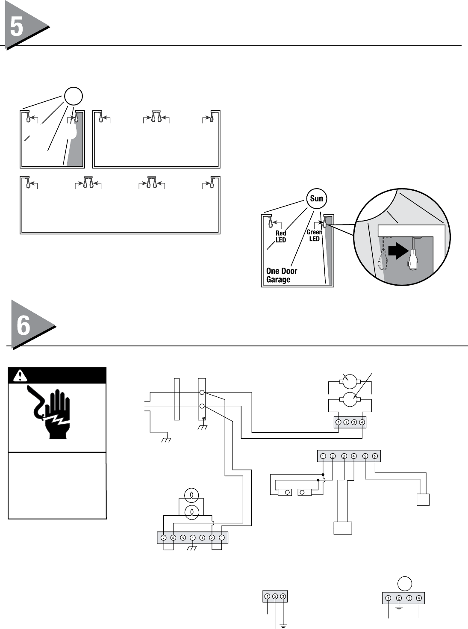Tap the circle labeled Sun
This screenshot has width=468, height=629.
pyautogui.click(x=316, y=198)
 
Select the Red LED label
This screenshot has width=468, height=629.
pyautogui.click(x=281, y=236)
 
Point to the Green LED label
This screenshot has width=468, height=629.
pyautogui.click(x=315, y=235)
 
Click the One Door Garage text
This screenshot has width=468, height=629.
pyautogui.click(x=281, y=275)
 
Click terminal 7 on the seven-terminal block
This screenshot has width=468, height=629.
pyautogui.click(x=163, y=537)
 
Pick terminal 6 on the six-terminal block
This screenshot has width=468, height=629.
pyautogui.click(x=374, y=456)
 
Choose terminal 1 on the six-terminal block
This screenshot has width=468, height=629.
pyautogui.click(x=323, y=456)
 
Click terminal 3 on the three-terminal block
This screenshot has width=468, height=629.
pyautogui.click(x=283, y=596)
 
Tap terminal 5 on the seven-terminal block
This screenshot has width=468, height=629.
pyautogui.click(x=183, y=537)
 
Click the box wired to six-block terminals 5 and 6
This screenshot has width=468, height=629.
pyautogui.click(x=423, y=500)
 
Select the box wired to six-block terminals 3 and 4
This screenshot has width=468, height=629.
pyautogui.click(x=343, y=528)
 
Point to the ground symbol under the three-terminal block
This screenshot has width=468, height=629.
pyautogui.click(x=283, y=626)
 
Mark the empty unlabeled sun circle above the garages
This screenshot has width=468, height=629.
pyautogui.click(x=73, y=96)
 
